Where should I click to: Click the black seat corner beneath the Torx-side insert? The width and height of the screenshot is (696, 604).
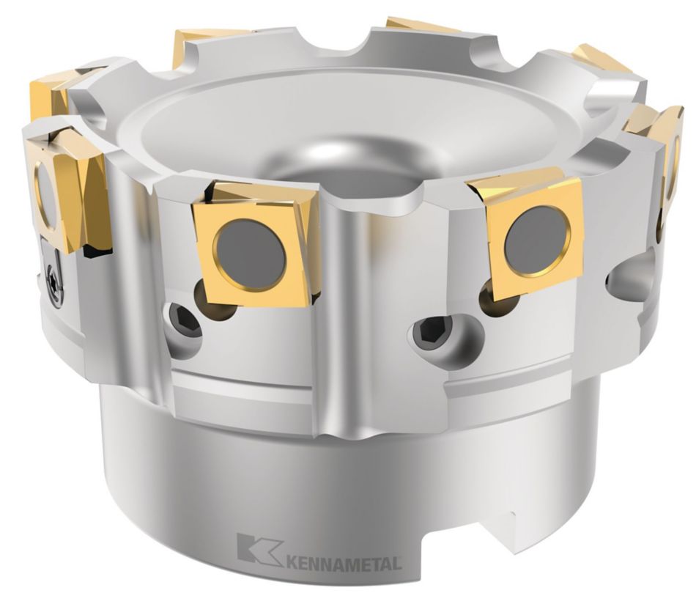tap(95, 253)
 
